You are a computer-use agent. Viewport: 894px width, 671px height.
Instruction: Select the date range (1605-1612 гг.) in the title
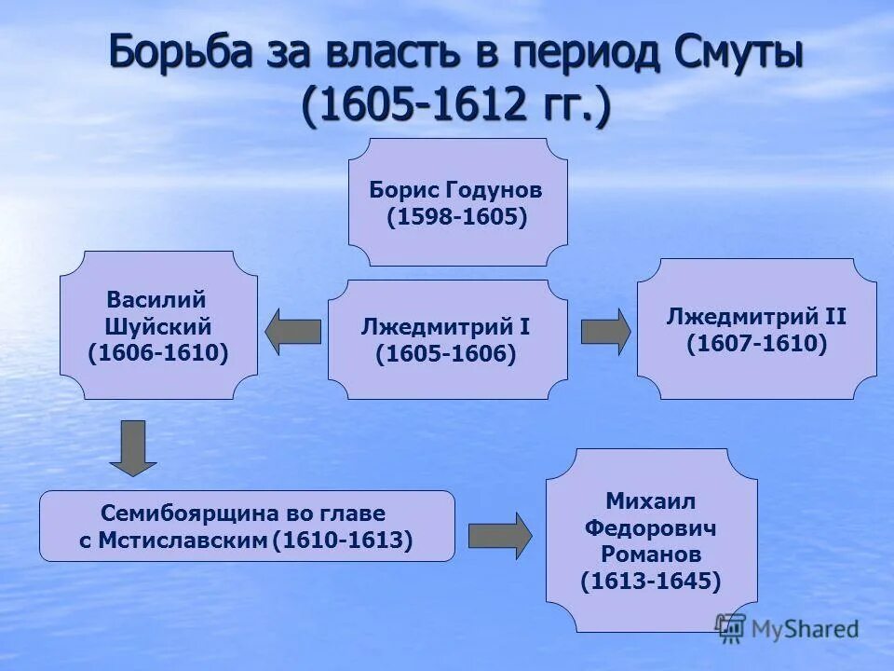click(x=456, y=105)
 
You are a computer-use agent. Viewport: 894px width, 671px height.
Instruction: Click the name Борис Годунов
click(x=456, y=191)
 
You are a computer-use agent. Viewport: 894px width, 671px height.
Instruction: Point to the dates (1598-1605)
click(x=456, y=218)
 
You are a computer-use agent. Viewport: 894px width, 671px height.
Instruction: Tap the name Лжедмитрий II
click(x=756, y=317)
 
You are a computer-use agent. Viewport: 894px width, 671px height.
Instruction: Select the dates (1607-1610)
click(x=756, y=344)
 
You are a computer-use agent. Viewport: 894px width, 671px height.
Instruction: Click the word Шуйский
click(x=157, y=327)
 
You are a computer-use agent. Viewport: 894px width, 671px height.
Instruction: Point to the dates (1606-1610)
click(x=157, y=354)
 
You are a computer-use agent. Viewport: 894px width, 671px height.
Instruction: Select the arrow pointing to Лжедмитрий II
click(x=605, y=332)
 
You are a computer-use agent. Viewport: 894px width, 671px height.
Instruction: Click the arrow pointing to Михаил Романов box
click(x=499, y=536)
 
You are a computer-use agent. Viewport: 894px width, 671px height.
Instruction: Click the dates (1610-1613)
click(x=342, y=541)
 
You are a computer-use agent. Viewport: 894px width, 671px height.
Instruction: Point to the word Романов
click(x=651, y=555)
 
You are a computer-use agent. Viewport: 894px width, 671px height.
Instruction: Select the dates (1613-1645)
click(x=651, y=582)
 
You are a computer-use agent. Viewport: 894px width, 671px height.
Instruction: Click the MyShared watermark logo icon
click(x=731, y=626)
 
